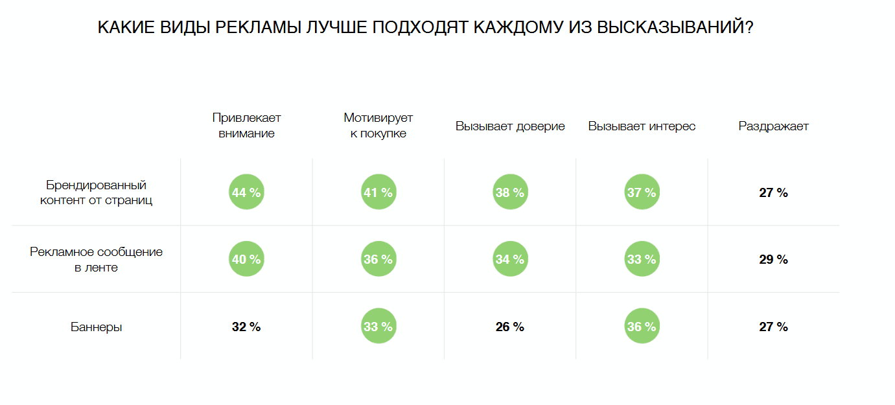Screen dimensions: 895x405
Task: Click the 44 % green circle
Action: [x=246, y=192]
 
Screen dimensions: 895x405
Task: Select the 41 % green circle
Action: [x=378, y=192]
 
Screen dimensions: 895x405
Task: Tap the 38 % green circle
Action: [x=510, y=192]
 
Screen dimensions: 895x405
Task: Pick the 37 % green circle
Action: [x=642, y=192]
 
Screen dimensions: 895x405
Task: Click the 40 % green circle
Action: [x=246, y=259]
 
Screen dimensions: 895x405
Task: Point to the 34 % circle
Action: [x=510, y=259]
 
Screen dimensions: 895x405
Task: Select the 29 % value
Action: [x=774, y=260]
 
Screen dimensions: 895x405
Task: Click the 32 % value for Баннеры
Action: [x=246, y=327]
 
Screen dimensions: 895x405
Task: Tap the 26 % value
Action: [x=510, y=327]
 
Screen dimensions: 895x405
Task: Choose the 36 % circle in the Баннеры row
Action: [x=642, y=326]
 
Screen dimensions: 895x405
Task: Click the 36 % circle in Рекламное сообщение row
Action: [x=378, y=259]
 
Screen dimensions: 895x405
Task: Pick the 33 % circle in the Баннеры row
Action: [x=378, y=326]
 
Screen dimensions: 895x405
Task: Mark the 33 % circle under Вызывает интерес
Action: [x=642, y=259]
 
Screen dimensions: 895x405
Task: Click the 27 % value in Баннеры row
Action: [x=774, y=327]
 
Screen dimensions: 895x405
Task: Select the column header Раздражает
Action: [x=774, y=126]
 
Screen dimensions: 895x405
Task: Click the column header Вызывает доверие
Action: [x=510, y=126]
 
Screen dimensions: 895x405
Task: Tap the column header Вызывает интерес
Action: [x=642, y=126]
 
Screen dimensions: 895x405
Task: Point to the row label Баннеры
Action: [x=97, y=327]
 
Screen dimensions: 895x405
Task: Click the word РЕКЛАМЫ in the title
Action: [x=258, y=27]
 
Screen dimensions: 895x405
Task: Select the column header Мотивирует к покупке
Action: [x=378, y=126]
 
